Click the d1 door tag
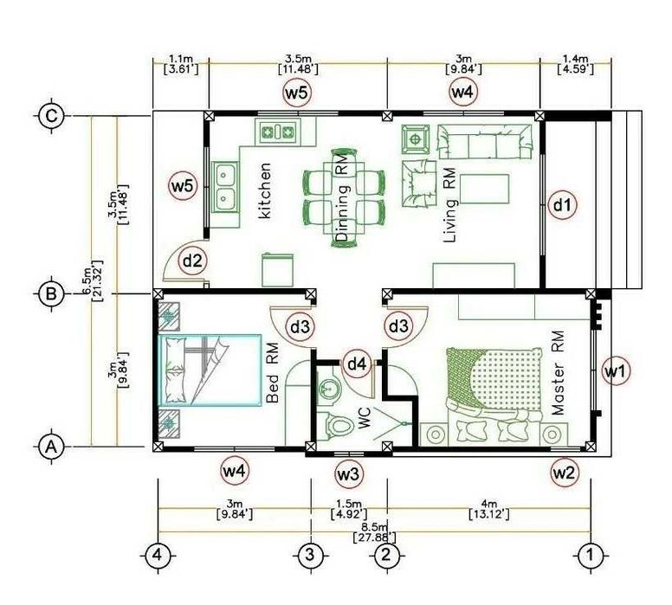point(563,205)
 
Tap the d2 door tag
point(192,260)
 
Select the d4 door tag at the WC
point(357,364)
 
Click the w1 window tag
point(616,371)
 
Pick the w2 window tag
point(564,473)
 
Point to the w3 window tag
point(348,474)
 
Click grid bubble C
point(51,116)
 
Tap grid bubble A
point(51,447)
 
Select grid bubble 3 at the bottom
point(310,556)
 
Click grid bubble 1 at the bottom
point(590,556)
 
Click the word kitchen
point(266,190)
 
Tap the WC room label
point(365,418)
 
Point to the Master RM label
point(558,373)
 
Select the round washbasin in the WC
point(328,389)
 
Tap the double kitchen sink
point(225,187)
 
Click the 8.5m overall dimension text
point(374,532)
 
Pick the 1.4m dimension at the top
point(576,64)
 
